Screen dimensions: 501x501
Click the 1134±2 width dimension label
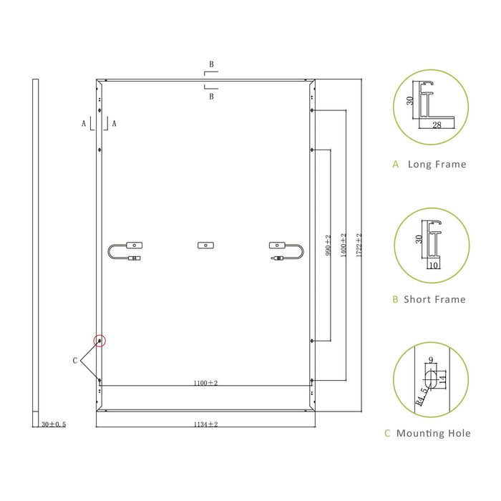click(205, 424)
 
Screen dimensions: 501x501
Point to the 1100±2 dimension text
click(205, 383)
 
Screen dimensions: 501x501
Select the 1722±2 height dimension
click(359, 245)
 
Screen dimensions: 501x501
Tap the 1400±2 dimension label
click(344, 245)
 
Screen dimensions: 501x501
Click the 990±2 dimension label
click(328, 245)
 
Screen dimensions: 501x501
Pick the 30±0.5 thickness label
click(54, 424)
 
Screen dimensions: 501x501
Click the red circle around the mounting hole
click(99, 341)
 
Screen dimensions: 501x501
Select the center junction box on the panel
click(206, 245)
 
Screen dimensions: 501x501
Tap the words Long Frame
click(437, 164)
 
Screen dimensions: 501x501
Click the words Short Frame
click(434, 299)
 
